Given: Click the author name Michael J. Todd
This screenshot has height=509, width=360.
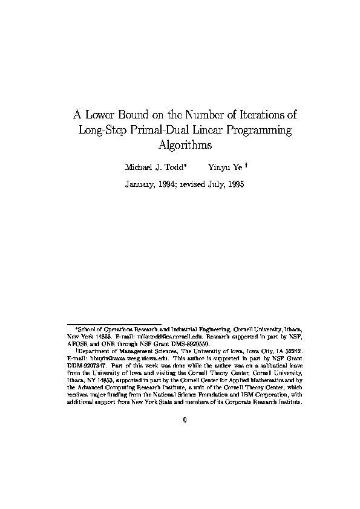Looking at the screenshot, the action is (154, 166).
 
